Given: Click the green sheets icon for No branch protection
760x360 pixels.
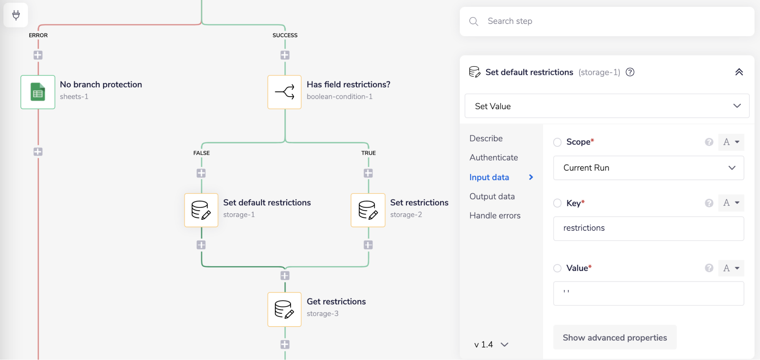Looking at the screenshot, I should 38,92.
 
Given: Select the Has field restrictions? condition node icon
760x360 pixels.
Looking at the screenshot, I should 285,92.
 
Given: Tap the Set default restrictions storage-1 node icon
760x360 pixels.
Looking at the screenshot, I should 201,210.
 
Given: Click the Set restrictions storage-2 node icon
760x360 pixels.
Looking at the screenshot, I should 368,210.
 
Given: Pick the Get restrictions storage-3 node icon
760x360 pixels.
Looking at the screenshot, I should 285,309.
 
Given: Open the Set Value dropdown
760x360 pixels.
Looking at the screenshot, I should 607,106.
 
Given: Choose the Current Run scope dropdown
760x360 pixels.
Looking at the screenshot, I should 648,168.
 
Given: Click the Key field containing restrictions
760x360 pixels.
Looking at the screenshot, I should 648,228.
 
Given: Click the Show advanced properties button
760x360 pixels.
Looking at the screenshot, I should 614,338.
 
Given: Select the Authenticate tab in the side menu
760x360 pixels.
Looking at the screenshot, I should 494,157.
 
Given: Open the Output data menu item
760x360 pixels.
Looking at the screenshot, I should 492,197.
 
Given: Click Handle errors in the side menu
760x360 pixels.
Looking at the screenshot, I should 495,216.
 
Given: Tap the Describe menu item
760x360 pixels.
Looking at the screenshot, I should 486,138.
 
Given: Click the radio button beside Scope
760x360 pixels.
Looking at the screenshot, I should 557,142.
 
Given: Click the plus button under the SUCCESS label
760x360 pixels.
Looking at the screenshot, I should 285,55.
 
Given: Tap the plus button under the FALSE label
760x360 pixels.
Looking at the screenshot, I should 201,173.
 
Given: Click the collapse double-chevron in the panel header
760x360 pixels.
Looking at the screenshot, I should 739,72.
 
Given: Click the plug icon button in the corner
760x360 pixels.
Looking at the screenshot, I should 16,15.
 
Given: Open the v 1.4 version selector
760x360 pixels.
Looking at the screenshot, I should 491,344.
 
